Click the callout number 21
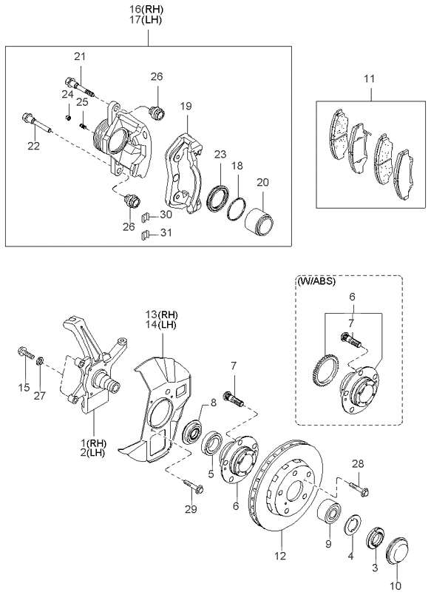point(80,57)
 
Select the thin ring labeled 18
point(237,208)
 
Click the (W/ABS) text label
point(316,282)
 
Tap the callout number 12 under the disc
point(279,557)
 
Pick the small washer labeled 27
point(40,360)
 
